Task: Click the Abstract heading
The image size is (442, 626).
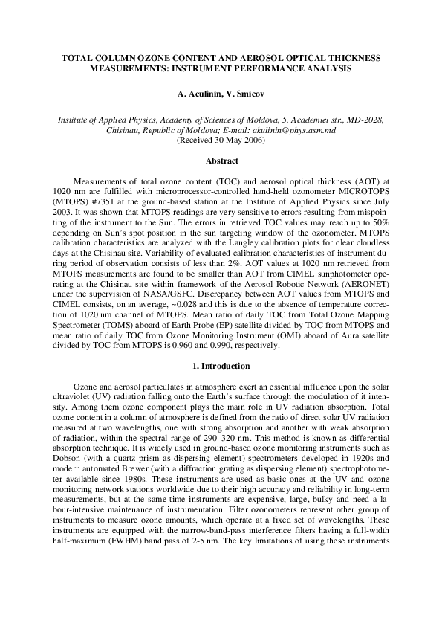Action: coord(221,161)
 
